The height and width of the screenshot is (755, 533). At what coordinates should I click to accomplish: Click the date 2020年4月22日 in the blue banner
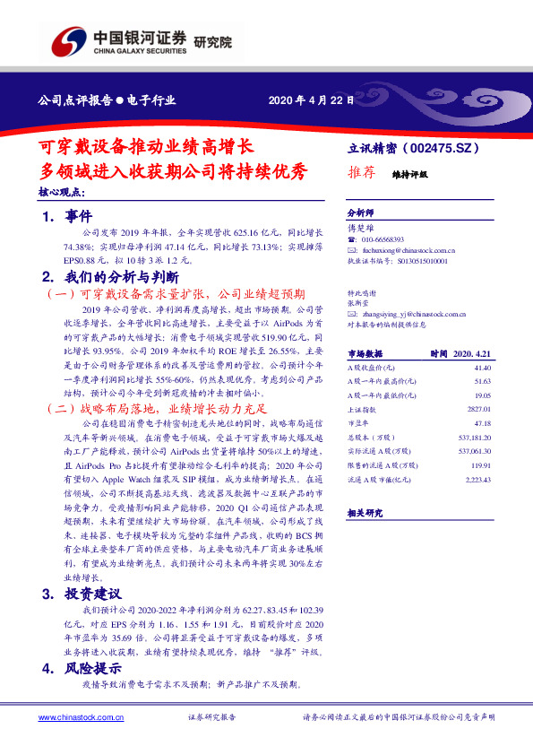(305, 100)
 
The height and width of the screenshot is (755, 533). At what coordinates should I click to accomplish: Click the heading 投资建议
(97, 594)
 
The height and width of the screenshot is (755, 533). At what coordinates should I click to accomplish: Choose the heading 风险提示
(97, 668)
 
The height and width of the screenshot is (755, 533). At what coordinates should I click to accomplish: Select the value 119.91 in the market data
(481, 466)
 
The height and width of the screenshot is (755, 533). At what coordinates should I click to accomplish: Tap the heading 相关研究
(365, 513)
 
